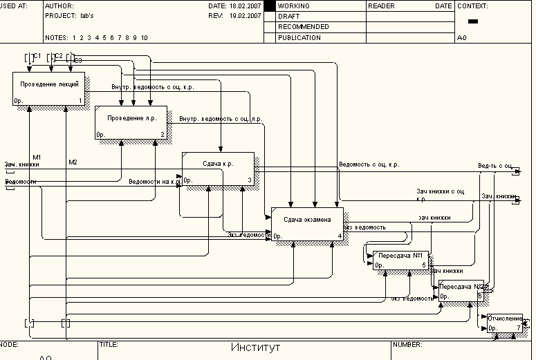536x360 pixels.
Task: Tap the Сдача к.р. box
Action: tap(218, 169)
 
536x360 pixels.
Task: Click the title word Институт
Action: tap(256, 348)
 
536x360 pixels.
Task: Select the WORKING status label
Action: tap(293, 6)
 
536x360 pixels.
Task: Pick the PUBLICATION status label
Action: tap(299, 38)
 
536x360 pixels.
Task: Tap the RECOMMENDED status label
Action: tap(303, 27)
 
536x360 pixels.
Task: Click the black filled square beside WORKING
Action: tap(270, 6)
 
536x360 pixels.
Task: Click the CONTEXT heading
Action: tap(472, 6)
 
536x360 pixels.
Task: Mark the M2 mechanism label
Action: tap(73, 162)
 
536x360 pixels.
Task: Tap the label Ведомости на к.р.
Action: tap(154, 182)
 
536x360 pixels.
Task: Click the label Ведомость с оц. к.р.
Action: tap(369, 165)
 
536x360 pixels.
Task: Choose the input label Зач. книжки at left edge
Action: tap(22, 165)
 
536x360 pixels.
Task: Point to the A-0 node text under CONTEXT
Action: tap(461, 38)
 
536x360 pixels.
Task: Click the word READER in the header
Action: tap(381, 6)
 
